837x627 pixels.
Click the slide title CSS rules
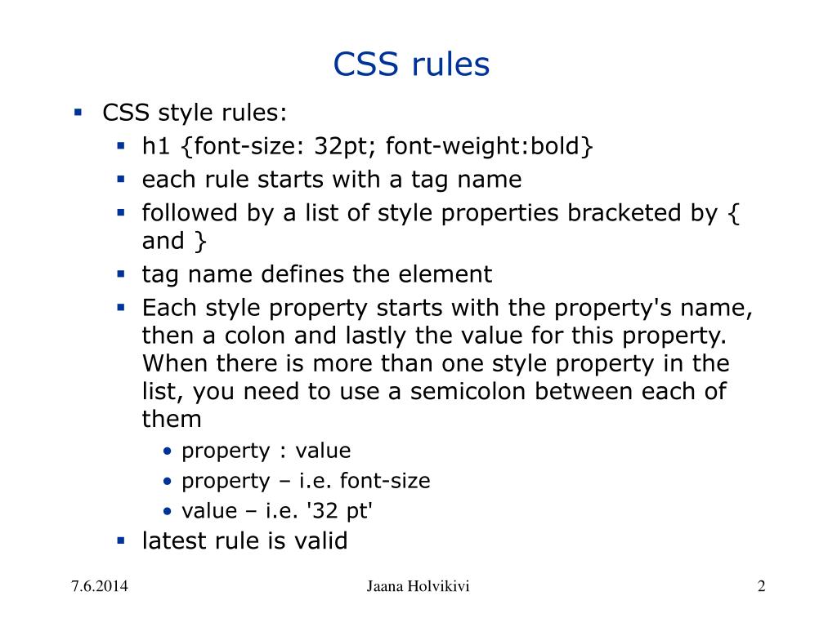411,64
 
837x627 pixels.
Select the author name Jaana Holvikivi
418,586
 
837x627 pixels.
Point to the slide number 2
761,586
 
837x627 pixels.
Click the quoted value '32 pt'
338,511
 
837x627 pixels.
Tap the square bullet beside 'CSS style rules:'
78,112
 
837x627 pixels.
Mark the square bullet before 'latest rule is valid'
119,540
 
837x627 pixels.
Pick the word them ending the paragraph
172,419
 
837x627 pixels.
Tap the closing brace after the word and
200,242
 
